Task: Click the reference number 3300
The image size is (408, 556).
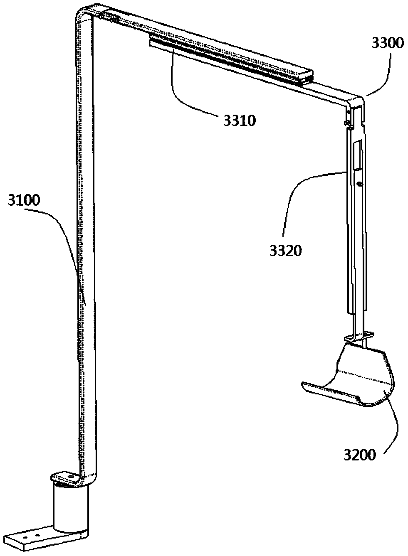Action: click(x=387, y=43)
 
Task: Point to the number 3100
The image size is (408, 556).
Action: click(x=23, y=202)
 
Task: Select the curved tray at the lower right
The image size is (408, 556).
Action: click(x=358, y=374)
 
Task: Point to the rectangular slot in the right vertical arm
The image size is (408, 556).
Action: click(x=357, y=156)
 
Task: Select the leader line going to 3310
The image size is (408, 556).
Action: click(x=183, y=87)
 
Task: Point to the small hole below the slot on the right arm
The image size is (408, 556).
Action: click(x=360, y=184)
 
